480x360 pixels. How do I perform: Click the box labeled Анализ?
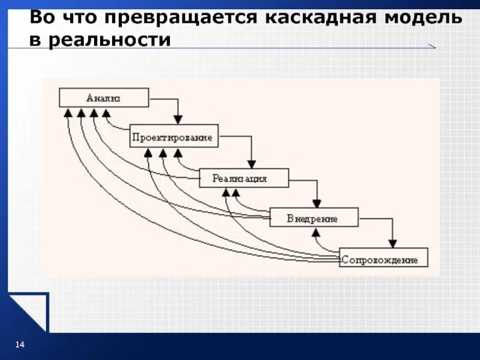pos(104,98)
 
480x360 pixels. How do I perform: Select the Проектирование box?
pos(174,137)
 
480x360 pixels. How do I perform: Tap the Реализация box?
pos(244,178)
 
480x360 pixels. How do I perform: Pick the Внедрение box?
pos(314,218)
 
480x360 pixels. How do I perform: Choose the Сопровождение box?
pos(383,259)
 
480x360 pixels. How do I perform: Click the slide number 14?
pos(19,344)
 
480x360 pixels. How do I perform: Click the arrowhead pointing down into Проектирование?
pos(178,119)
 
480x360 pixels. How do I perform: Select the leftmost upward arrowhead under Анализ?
pos(68,112)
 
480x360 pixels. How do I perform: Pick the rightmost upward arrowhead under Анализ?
pos(106,112)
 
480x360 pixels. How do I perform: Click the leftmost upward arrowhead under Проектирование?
pos(148,152)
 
